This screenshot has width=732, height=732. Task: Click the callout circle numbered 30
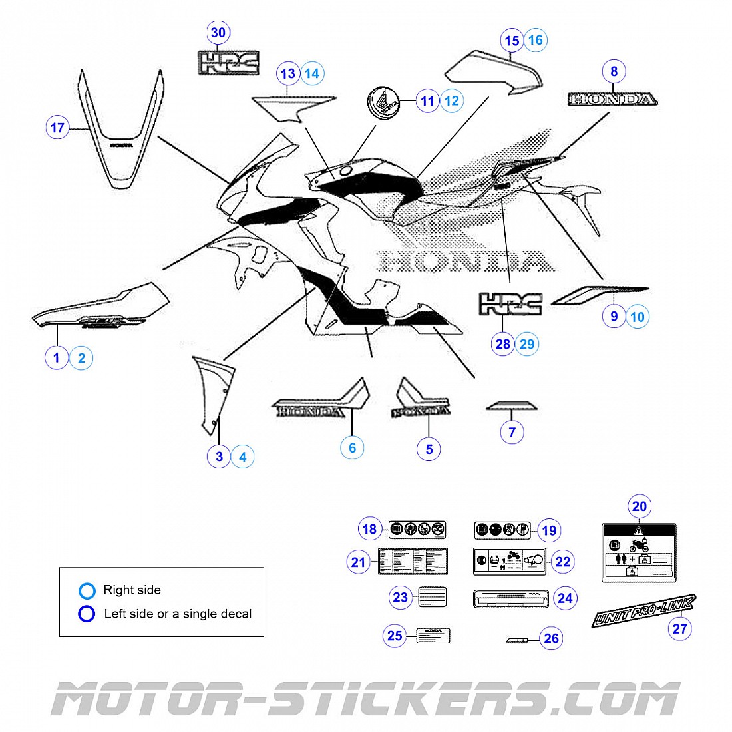[x=218, y=33]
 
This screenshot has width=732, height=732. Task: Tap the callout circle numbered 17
[x=58, y=128]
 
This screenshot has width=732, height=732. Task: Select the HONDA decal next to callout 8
[x=612, y=100]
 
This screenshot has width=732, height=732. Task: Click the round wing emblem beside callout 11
[x=384, y=103]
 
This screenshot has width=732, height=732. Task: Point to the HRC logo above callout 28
[x=510, y=304]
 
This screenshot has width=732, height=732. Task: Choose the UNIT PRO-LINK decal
[x=643, y=610]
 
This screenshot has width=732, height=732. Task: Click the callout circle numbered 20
[x=639, y=506]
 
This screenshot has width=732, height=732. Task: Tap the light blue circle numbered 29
[x=527, y=344]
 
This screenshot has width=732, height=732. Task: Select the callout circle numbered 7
[x=512, y=432]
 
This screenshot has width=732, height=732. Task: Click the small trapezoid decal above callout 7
[x=511, y=406]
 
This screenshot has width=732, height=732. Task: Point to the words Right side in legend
[x=132, y=590]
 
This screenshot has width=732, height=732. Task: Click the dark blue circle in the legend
[x=87, y=614]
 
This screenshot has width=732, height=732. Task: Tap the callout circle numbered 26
[x=552, y=639]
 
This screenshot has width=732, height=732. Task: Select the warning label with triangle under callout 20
[x=639, y=552]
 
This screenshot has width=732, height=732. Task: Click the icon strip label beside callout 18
[x=417, y=530]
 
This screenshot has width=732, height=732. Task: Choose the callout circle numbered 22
[x=563, y=562]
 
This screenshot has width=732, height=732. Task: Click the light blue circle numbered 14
[x=312, y=73]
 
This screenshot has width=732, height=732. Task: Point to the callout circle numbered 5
[x=429, y=450]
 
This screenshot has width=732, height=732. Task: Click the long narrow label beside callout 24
[x=510, y=598]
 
